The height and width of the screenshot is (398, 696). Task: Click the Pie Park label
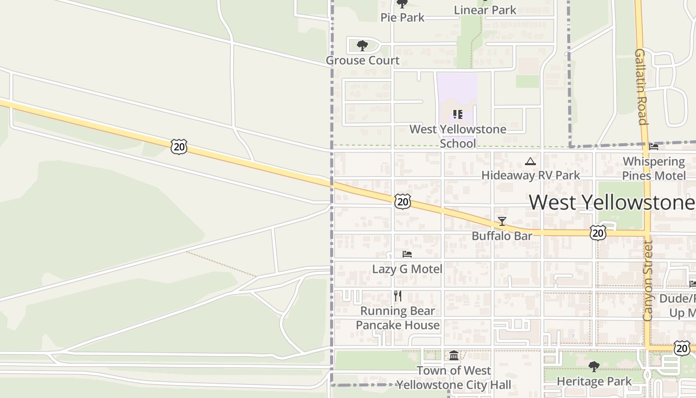[x=402, y=17]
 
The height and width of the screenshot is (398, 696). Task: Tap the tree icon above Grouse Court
[x=362, y=46]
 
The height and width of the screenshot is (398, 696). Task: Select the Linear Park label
[x=485, y=10]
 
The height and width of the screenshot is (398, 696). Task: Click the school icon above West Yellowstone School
[x=458, y=114]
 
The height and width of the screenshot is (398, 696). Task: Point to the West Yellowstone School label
[x=458, y=136]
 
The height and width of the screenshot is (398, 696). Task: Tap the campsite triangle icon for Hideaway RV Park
[x=530, y=161]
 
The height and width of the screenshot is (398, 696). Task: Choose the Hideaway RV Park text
[x=530, y=175]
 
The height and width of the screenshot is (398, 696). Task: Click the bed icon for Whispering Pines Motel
[x=654, y=146]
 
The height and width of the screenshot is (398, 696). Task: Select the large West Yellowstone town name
[x=611, y=202]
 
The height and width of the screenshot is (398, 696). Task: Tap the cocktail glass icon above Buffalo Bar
[x=502, y=221]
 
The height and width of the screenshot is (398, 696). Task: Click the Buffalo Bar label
[x=502, y=235]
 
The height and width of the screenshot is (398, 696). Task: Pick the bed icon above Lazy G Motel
[x=407, y=254]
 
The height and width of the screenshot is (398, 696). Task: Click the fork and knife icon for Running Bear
[x=398, y=296]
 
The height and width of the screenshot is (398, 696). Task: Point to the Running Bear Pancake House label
[x=398, y=318]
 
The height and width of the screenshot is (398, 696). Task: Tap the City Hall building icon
[x=454, y=355]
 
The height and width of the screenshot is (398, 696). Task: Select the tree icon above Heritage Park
[x=594, y=367]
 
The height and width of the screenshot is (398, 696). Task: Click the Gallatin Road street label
[x=641, y=87]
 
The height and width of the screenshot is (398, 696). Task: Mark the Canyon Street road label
[x=647, y=281]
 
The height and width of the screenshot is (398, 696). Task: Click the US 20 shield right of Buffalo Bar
[x=598, y=232]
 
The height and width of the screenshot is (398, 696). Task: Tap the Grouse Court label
[x=362, y=61]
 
